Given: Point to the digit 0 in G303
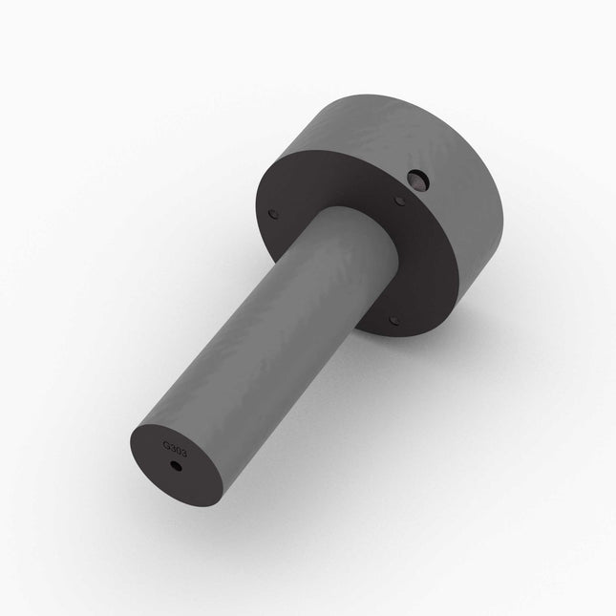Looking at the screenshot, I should click(x=178, y=447).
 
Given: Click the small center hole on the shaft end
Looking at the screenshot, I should click(x=175, y=467).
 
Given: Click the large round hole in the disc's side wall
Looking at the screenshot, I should click(x=416, y=178).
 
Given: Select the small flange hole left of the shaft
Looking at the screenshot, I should click(x=274, y=215).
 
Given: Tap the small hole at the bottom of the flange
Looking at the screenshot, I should click(x=393, y=321).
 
